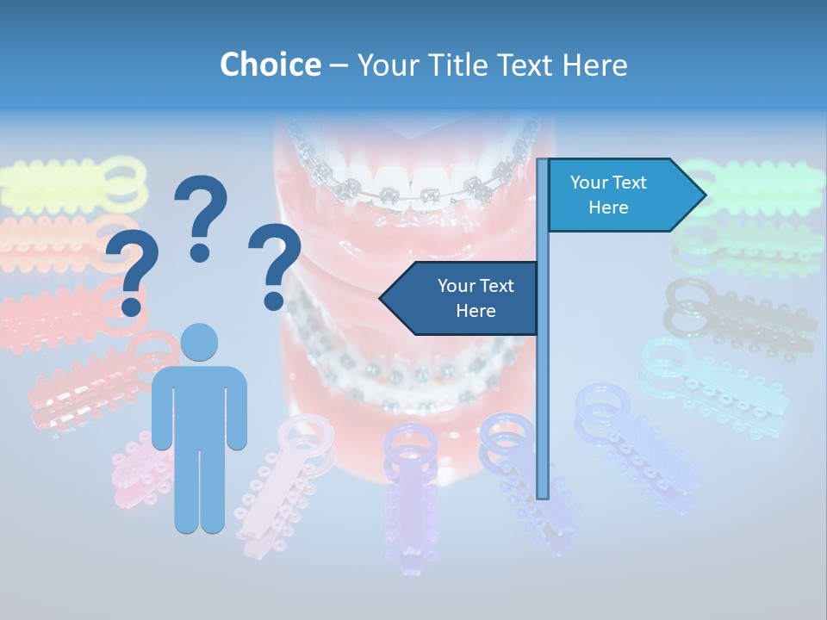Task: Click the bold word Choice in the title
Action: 270,65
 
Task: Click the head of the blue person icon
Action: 199,342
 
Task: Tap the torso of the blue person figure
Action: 199,405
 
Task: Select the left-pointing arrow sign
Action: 460,298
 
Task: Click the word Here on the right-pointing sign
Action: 608,208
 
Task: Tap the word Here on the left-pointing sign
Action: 476,311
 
